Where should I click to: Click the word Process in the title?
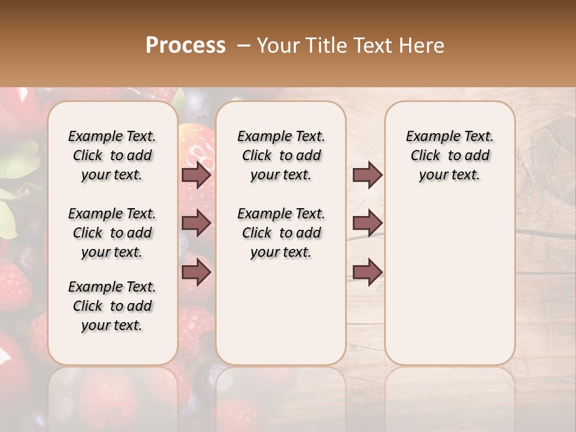(x=185, y=45)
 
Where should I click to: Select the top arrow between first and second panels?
(x=196, y=175)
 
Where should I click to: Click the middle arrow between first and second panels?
(x=196, y=223)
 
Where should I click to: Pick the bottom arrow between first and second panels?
(x=196, y=272)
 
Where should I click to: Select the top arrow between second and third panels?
(x=367, y=175)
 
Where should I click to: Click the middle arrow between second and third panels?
(x=367, y=223)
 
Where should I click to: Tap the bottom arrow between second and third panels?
(x=367, y=272)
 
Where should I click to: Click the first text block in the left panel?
(x=112, y=155)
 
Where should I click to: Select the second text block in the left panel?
(x=112, y=233)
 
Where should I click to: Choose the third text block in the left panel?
(x=112, y=306)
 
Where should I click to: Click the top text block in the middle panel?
(x=281, y=155)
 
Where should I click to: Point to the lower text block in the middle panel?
(x=281, y=233)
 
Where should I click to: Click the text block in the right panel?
(x=450, y=155)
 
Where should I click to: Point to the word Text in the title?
(x=373, y=45)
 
